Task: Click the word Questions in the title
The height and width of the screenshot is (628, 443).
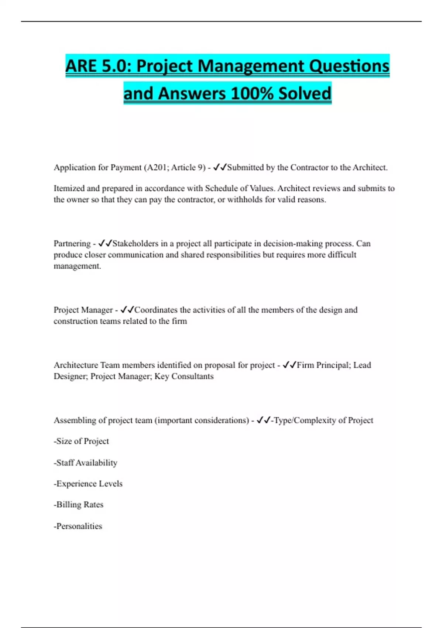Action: [x=349, y=66]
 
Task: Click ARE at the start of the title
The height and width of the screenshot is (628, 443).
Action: [x=81, y=66]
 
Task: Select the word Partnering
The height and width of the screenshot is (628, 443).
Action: [x=72, y=243]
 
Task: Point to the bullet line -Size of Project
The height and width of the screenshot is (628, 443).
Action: [x=81, y=441]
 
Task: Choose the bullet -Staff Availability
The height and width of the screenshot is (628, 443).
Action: [x=85, y=463]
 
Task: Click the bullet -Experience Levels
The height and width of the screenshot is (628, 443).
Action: [x=88, y=484]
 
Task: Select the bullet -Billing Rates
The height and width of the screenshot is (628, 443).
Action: [x=78, y=505]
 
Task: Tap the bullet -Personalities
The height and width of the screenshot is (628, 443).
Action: [x=78, y=526]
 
